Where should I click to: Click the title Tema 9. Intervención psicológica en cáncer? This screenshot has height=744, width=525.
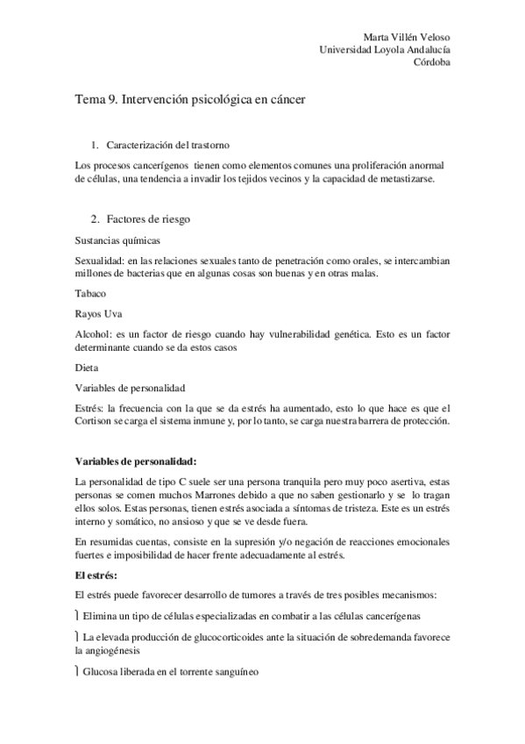point(189,101)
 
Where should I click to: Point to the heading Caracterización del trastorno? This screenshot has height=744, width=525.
point(167,144)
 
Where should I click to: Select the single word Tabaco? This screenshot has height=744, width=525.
point(91,295)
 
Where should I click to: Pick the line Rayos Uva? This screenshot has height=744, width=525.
point(99,313)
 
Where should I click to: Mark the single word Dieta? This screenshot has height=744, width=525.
point(87,368)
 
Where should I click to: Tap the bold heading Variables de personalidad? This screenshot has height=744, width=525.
point(136,461)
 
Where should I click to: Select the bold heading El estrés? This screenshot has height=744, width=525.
point(102,576)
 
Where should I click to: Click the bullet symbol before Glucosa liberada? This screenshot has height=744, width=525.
point(78,672)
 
